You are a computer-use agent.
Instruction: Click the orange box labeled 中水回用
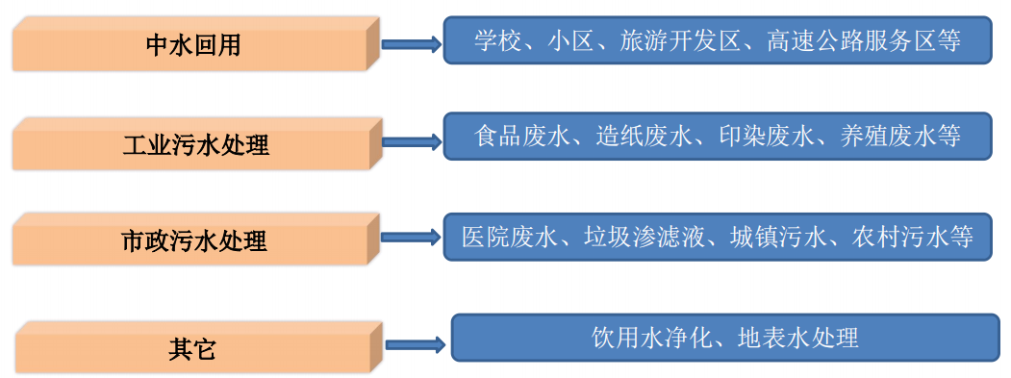192,44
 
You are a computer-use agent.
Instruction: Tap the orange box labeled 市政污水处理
192,240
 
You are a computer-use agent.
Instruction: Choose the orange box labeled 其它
192,348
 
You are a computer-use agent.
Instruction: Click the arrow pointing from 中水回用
411,43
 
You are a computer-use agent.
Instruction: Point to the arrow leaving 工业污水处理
411,142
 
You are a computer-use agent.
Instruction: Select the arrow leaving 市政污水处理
411,236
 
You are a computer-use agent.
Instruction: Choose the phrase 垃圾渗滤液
645,236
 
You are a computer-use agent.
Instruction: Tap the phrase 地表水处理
797,338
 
